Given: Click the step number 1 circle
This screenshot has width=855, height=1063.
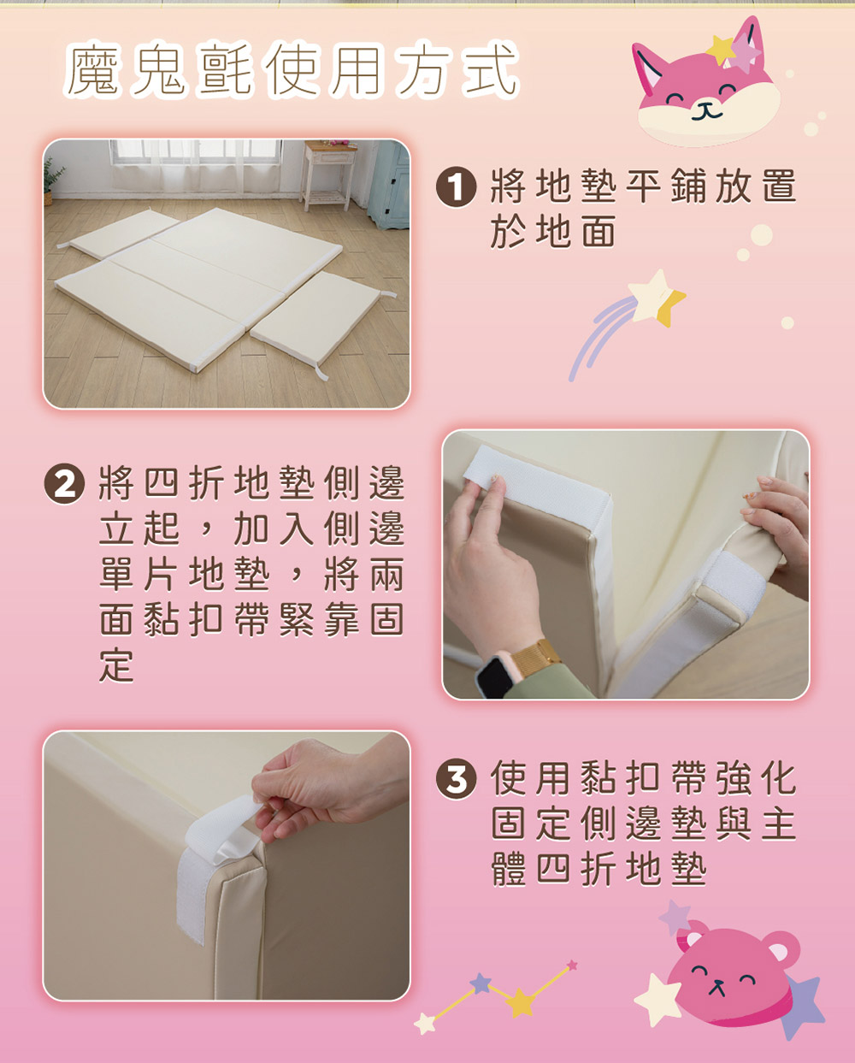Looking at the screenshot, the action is point(456,186).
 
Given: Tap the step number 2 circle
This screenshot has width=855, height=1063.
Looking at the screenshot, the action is point(64,484).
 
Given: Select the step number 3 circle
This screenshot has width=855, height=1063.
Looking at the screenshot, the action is point(456,779).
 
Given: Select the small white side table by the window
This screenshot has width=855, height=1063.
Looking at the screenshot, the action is point(328,174).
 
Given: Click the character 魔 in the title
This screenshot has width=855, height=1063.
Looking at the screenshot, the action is point(93,69).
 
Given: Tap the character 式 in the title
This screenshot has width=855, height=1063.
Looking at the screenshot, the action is point(490,68).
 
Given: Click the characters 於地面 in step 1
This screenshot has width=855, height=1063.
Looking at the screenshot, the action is point(552,231).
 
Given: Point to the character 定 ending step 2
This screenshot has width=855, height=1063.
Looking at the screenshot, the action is point(116,665).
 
